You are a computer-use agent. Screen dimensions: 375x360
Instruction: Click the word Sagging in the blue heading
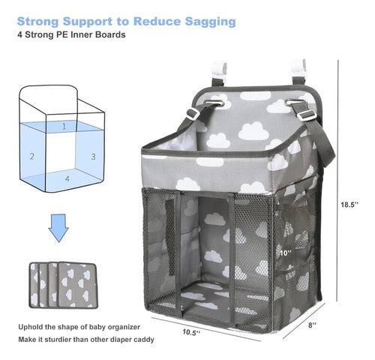tap(210, 22)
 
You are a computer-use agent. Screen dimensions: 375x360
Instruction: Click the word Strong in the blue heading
tap(37, 22)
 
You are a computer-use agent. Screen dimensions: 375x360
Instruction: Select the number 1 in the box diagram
tap(64, 126)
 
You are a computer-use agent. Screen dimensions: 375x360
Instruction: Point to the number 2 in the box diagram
tap(32, 157)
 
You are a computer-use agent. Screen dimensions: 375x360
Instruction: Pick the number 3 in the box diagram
tap(93, 157)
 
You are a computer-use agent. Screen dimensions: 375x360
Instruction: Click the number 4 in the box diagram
tap(67, 178)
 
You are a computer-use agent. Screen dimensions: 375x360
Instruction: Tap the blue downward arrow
tap(58, 228)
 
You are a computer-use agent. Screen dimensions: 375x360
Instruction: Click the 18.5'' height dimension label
tap(349, 205)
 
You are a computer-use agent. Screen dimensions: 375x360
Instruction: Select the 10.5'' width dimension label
tap(191, 332)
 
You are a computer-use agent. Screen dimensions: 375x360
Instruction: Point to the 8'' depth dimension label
tap(312, 325)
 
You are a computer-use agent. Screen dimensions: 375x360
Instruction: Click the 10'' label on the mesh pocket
tap(286, 253)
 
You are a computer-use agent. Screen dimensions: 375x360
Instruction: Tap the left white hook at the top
tap(219, 69)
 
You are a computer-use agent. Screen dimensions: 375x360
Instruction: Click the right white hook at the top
tap(298, 68)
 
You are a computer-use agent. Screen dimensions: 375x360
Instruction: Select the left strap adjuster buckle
tap(193, 113)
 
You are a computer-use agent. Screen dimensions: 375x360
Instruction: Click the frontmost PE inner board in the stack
tap(77, 285)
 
